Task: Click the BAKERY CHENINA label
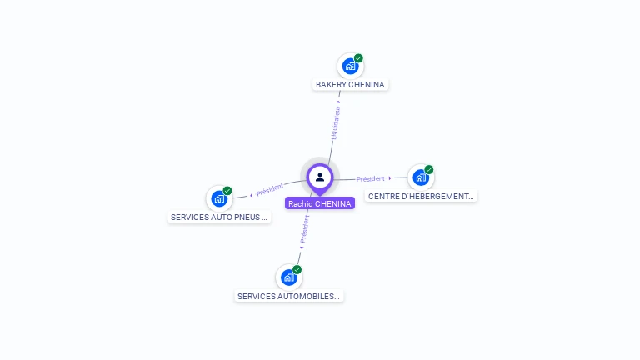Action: tap(350, 85)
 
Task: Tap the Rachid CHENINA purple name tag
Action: tap(320, 203)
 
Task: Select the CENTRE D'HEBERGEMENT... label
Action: tap(422, 197)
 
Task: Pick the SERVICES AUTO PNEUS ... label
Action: tap(219, 217)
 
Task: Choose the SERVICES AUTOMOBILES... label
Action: tap(289, 296)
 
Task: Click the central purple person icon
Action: tap(320, 177)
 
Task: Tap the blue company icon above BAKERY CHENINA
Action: tap(350, 65)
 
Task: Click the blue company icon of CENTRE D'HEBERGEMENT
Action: tap(421, 177)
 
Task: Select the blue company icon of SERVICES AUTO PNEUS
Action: tap(218, 198)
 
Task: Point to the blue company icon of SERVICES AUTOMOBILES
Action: tap(288, 277)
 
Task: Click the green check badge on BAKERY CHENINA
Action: tap(358, 58)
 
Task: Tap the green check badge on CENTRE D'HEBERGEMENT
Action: tap(429, 170)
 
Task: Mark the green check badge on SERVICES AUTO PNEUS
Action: tap(227, 191)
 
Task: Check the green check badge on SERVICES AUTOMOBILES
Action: tap(297, 269)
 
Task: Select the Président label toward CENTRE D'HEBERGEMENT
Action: tap(371, 178)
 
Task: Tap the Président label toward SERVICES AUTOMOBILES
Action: tap(305, 227)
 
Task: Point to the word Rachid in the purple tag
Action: tap(301, 203)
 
